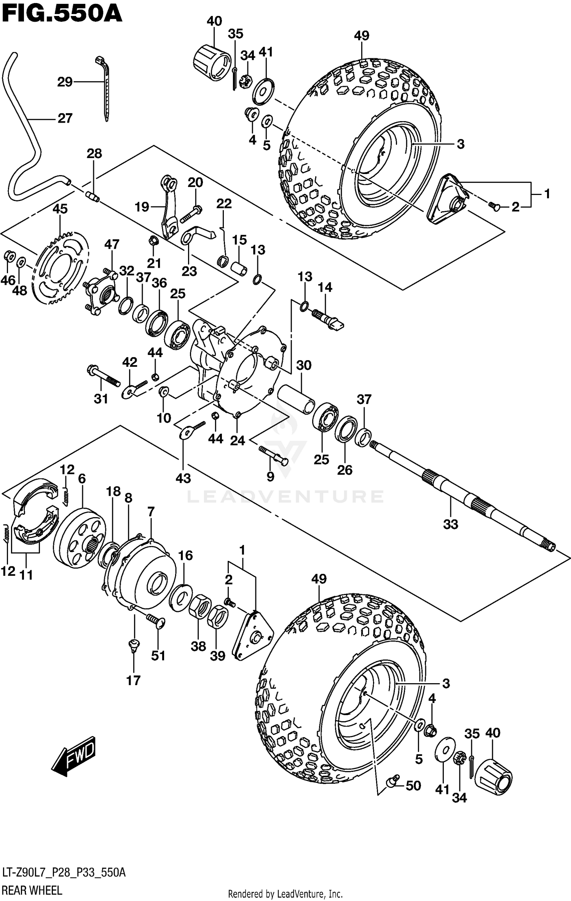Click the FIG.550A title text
tap(62, 14)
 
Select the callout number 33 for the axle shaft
tap(450, 524)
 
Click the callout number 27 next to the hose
tap(65, 118)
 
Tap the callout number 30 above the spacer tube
tap(303, 365)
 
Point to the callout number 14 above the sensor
tap(325, 287)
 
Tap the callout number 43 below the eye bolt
tap(183, 478)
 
